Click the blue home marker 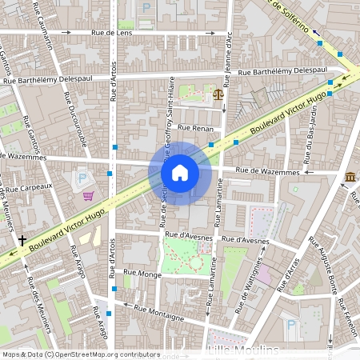click(180, 173)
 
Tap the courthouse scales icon click(218, 94)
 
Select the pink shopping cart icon click(88, 195)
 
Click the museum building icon click(351, 177)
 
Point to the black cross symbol click(22, 239)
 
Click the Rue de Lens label click(112, 33)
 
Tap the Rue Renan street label click(196, 128)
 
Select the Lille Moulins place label click(243, 351)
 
